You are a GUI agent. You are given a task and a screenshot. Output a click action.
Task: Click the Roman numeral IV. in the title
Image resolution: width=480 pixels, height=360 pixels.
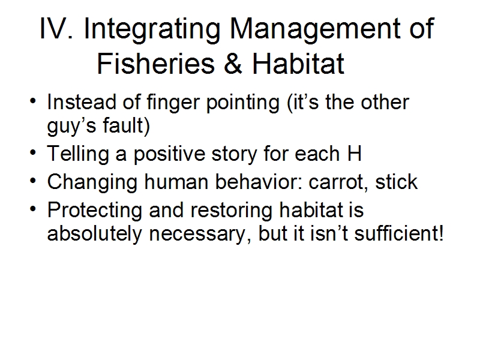point(56,28)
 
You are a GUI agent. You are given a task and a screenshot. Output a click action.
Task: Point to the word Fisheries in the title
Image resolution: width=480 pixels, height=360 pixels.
point(156,64)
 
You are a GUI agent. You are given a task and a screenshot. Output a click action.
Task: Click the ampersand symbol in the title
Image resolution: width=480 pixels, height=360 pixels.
point(233,64)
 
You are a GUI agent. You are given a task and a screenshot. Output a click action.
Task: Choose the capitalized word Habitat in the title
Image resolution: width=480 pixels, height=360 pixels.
point(298,64)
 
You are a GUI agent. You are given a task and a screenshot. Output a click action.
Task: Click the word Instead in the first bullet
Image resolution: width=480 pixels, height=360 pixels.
point(82,102)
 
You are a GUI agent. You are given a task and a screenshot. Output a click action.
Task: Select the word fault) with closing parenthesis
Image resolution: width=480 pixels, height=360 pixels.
point(126,126)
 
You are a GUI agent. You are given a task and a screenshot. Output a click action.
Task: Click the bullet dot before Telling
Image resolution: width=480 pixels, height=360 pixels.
point(33,152)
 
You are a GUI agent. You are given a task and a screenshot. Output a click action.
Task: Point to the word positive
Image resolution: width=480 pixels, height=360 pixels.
point(170,155)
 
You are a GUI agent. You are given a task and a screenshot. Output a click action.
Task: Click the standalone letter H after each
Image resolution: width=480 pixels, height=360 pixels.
point(355,154)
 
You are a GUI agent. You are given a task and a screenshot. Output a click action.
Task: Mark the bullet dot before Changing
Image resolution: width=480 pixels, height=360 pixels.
point(33,180)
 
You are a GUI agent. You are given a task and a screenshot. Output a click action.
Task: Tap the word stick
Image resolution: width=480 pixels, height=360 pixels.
point(397,182)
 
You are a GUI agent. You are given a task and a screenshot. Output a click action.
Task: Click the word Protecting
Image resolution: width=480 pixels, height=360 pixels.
point(95,211)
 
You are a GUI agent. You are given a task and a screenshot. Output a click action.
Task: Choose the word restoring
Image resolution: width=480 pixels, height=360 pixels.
point(232,211)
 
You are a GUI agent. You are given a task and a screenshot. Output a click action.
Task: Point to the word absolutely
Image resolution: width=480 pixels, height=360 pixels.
point(95,235)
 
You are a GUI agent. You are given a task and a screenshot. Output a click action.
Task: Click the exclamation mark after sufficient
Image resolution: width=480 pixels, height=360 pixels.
point(441,233)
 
